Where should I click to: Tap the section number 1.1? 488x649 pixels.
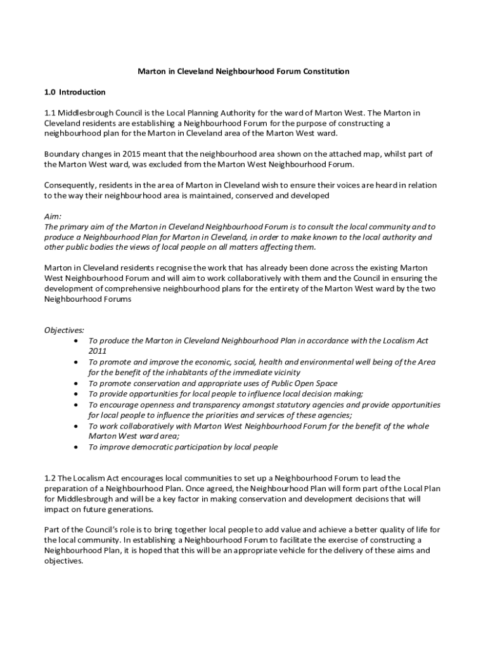[50, 113]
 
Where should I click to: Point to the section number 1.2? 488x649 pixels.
[50, 477]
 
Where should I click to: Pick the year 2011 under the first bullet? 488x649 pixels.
[98, 351]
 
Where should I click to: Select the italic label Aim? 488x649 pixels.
[53, 216]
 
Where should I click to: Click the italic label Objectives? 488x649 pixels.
[64, 330]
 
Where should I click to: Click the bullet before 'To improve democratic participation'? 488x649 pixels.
[76, 447]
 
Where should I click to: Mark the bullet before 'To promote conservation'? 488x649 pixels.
[76, 383]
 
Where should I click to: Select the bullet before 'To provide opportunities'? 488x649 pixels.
[76, 394]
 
